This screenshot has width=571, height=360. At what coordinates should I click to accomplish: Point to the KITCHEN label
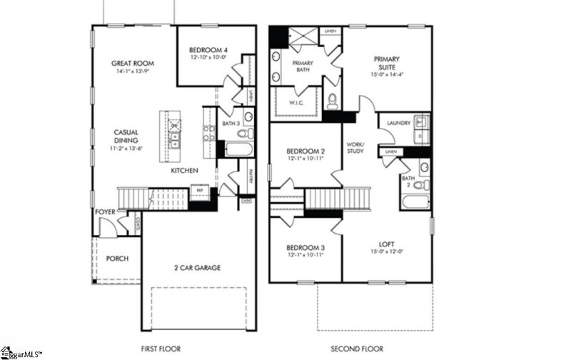click(x=183, y=171)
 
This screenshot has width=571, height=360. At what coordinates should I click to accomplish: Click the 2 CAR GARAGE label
click(x=196, y=268)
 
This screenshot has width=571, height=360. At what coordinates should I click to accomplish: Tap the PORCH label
click(x=117, y=258)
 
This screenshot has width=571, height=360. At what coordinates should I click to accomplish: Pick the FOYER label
click(x=105, y=212)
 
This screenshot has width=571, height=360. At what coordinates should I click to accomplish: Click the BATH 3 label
click(x=231, y=124)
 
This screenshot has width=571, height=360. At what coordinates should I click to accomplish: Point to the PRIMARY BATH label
click(x=304, y=68)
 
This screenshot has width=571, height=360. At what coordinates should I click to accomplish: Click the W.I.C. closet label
click(x=298, y=102)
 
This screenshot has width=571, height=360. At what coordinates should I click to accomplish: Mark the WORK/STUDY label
click(x=355, y=147)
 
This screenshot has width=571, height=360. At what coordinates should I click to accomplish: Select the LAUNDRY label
click(x=398, y=123)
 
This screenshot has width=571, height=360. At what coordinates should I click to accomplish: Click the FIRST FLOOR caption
click(x=161, y=349)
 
